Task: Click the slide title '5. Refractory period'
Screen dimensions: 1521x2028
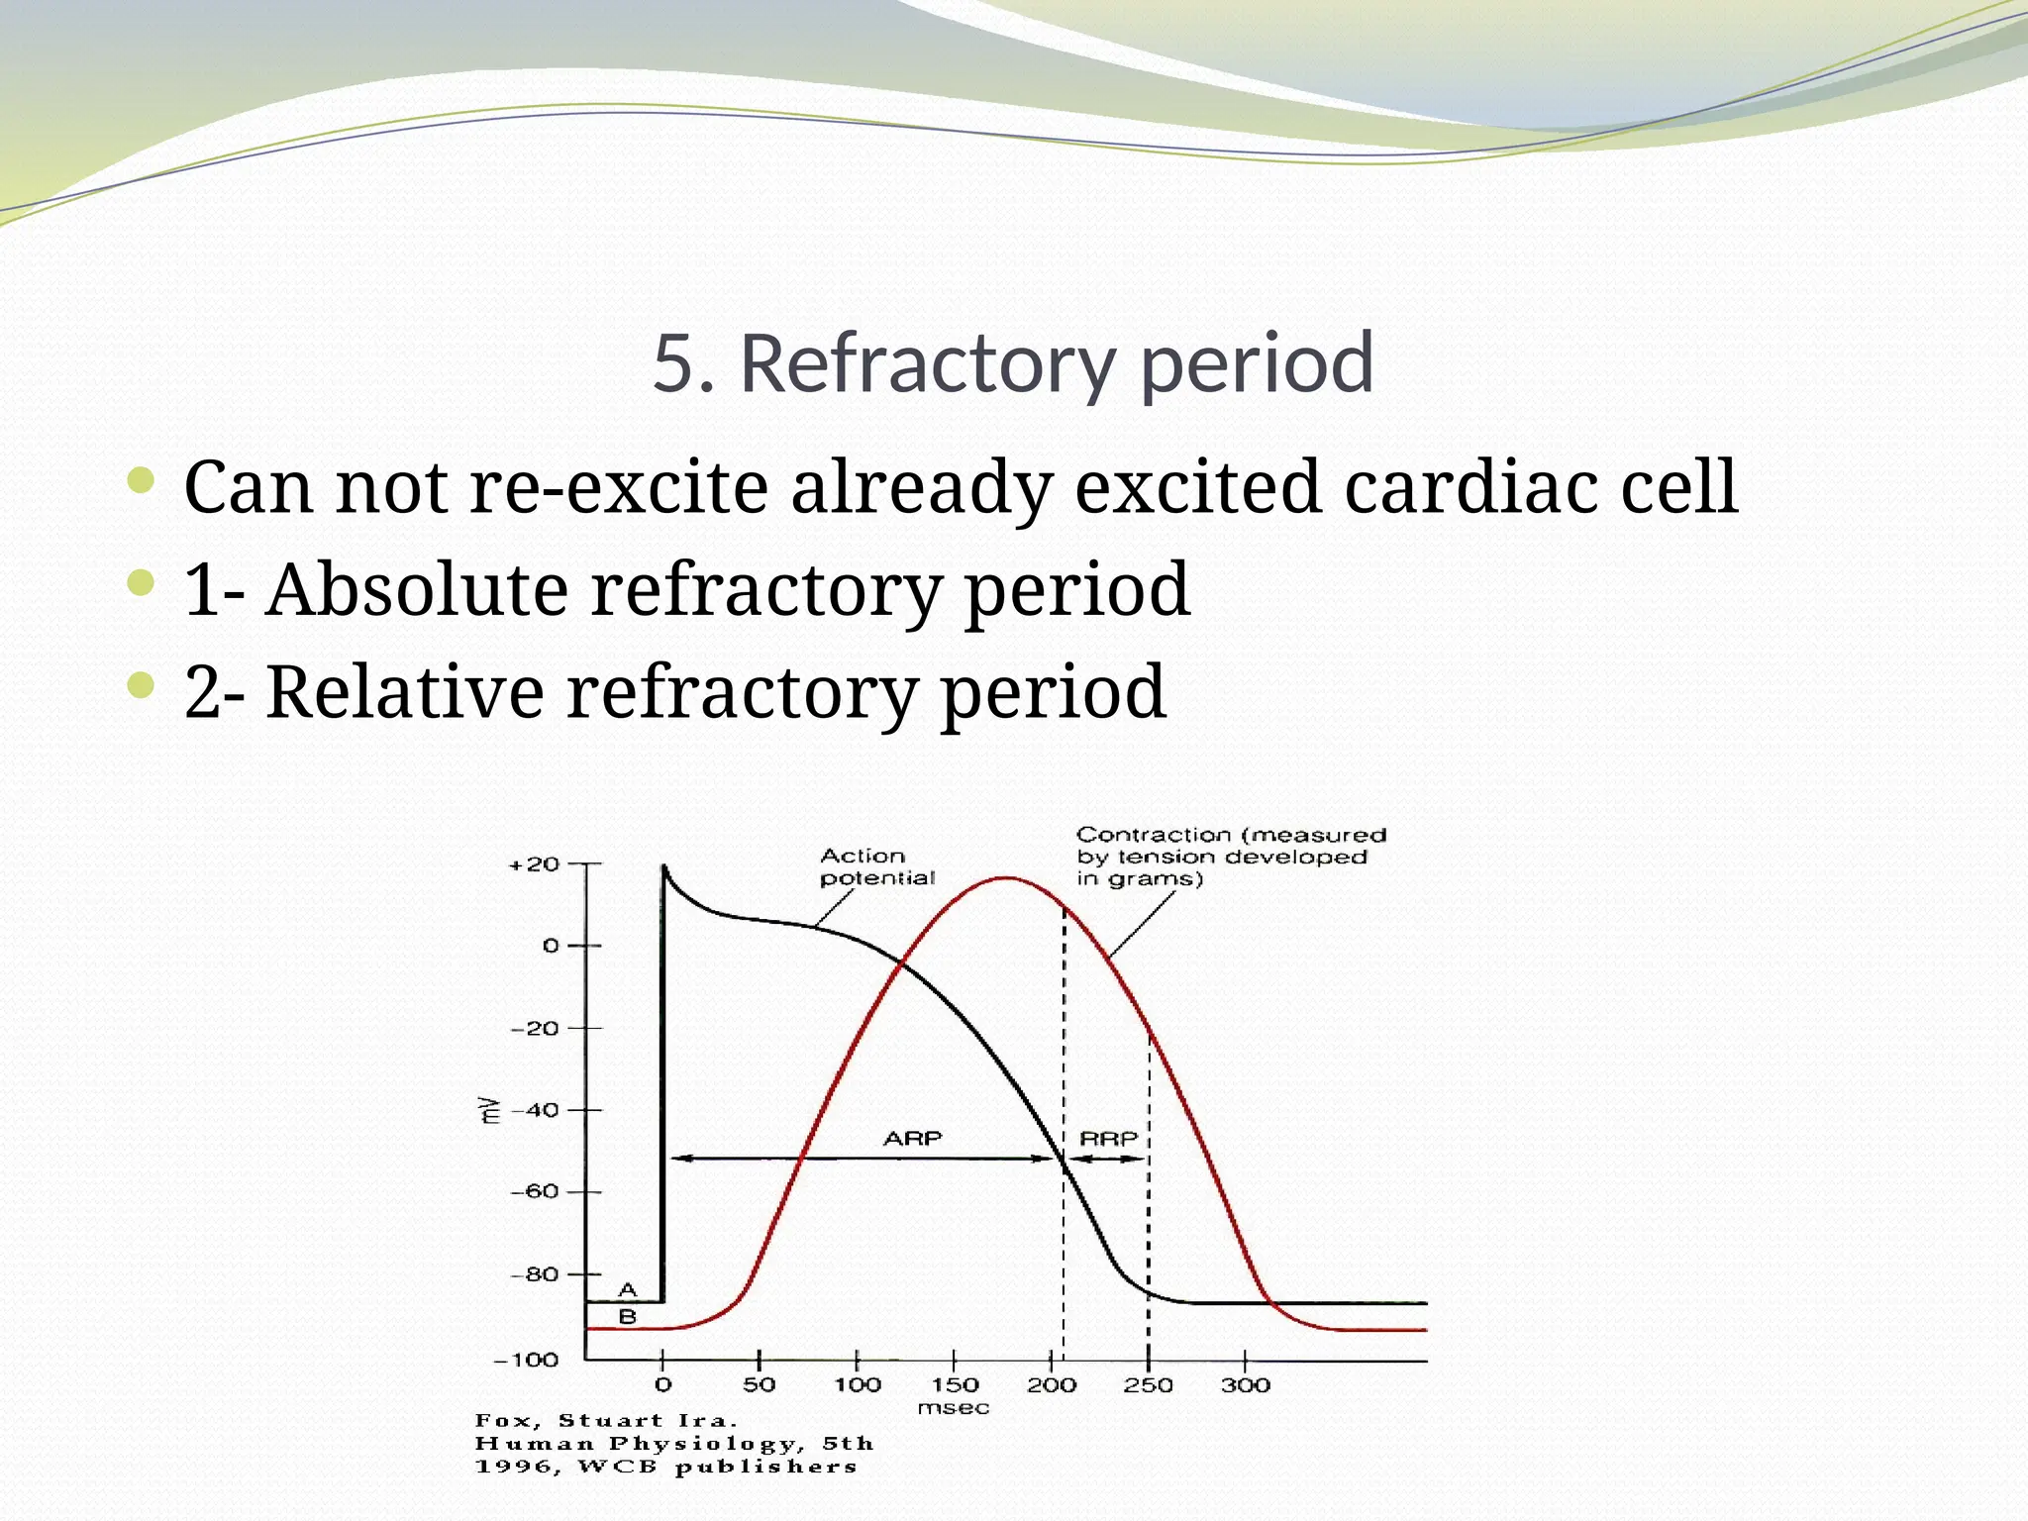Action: click(1013, 364)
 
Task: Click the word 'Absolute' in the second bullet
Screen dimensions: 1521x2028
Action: click(415, 589)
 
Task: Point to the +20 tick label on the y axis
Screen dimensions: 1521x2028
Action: click(535, 864)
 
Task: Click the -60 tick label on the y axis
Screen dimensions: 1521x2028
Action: click(535, 1191)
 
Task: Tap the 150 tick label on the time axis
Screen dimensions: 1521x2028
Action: click(954, 1385)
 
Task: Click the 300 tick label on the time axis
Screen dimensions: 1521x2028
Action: click(1245, 1385)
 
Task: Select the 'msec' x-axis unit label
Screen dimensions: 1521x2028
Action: click(953, 1408)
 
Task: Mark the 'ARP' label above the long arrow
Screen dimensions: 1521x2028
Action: click(912, 1139)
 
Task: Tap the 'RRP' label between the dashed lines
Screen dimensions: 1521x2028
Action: click(1108, 1139)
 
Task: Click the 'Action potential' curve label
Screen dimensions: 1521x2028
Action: click(875, 866)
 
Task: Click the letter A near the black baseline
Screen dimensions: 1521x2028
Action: click(627, 1289)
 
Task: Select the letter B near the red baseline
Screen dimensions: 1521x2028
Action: click(627, 1317)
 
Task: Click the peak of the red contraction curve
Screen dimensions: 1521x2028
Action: click(1006, 877)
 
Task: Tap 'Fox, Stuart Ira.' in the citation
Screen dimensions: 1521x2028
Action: click(606, 1420)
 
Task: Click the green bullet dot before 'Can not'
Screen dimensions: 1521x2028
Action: click(142, 482)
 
